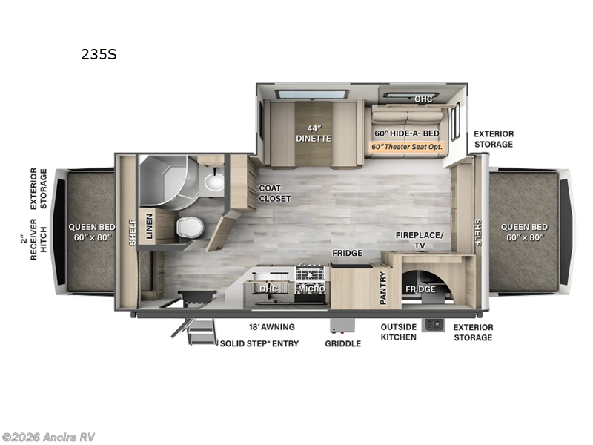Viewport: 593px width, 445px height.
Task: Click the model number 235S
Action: (99, 54)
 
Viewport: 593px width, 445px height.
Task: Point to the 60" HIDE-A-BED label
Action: (406, 133)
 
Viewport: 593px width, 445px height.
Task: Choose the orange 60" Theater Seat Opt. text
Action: (406, 146)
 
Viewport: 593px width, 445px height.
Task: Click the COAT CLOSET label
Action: (274, 194)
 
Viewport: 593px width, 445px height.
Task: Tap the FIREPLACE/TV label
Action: (419, 240)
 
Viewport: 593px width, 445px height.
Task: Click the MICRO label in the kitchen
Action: (311, 289)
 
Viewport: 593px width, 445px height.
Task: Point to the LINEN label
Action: (150, 226)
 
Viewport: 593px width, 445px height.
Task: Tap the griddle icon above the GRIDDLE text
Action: (342, 326)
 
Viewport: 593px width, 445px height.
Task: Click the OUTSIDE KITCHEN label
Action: (399, 332)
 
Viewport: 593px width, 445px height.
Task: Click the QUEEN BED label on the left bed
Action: (91, 232)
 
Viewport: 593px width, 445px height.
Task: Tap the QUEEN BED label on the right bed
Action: (523, 231)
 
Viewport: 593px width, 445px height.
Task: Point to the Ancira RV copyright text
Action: (49, 437)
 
